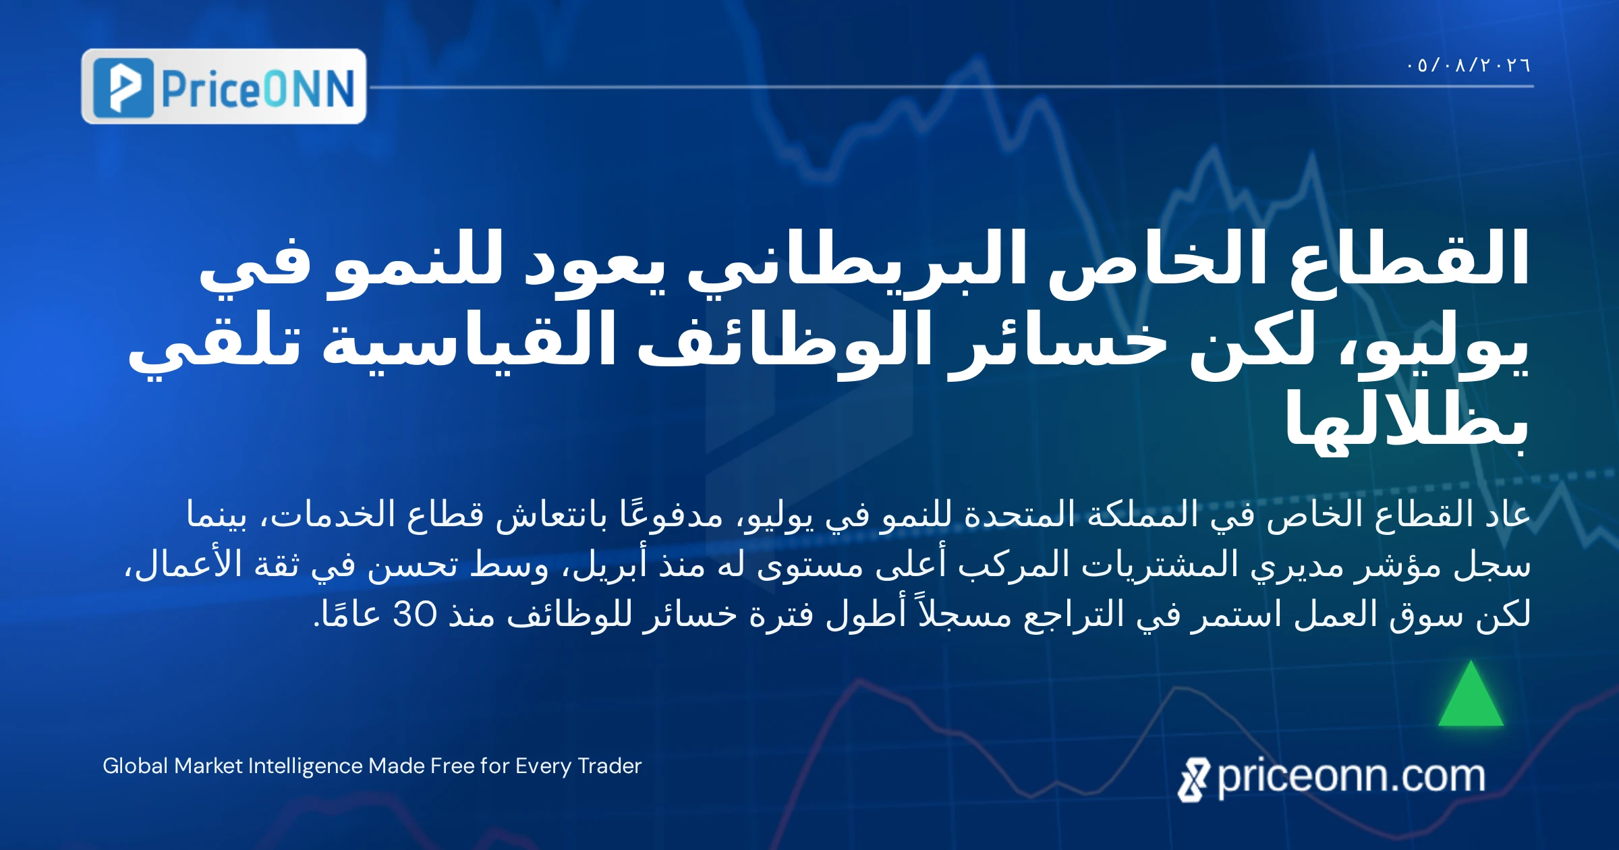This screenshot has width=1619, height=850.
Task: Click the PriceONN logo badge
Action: point(224,86)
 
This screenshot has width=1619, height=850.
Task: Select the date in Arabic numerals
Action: point(1469,65)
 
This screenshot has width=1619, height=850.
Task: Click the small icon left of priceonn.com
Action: point(1193,780)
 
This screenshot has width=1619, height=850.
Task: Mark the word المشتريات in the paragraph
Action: point(1160,564)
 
